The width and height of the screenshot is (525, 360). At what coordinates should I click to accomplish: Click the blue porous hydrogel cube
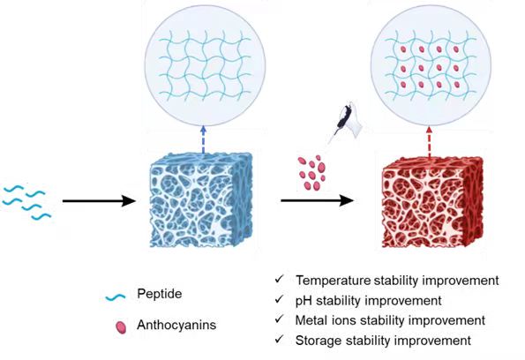click(201, 200)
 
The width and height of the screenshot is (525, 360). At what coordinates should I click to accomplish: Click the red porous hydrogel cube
click(432, 202)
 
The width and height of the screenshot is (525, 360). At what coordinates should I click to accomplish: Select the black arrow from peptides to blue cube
click(99, 201)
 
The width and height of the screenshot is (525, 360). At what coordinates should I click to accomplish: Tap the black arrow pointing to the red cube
click(317, 200)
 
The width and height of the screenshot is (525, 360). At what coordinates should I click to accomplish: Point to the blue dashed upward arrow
click(203, 139)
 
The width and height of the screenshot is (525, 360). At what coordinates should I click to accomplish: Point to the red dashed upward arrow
click(429, 141)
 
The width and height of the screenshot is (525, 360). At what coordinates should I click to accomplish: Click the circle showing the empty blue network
click(205, 65)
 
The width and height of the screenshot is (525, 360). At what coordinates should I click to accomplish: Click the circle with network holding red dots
click(431, 65)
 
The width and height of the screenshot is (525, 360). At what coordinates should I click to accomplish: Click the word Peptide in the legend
click(160, 294)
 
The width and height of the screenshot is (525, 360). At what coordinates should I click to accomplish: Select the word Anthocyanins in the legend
click(176, 325)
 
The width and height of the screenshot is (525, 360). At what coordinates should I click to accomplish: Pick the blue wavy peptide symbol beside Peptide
click(116, 297)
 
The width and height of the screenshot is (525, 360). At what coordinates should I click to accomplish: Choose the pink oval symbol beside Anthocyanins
click(121, 327)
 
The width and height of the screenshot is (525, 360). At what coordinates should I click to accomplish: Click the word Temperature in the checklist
click(334, 281)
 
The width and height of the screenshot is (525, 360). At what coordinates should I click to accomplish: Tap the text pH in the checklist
click(304, 301)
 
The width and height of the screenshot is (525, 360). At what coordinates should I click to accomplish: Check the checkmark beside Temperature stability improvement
click(279, 279)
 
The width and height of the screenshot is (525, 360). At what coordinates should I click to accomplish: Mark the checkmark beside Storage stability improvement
click(279, 339)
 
